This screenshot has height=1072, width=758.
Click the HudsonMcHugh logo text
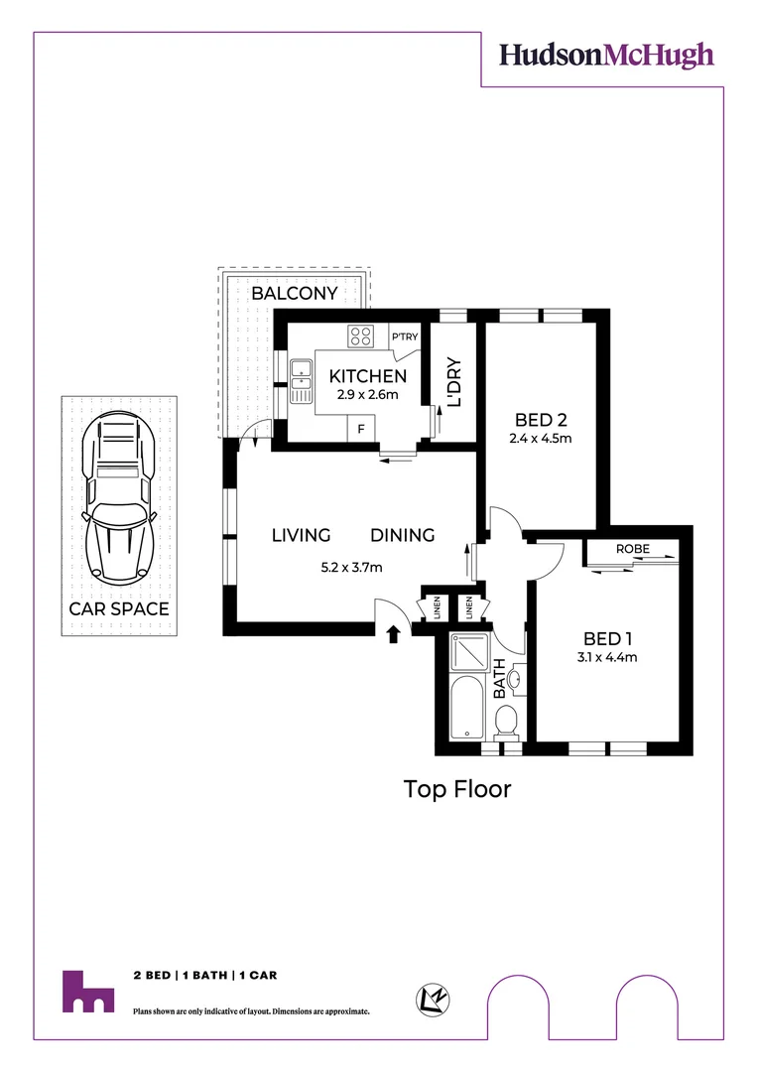(x=606, y=55)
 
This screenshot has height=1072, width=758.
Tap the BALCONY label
(x=294, y=294)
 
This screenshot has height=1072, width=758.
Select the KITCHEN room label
(x=367, y=376)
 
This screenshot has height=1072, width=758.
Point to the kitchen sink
(x=301, y=373)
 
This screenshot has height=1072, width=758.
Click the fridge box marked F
(x=361, y=429)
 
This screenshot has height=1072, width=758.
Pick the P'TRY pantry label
(x=405, y=336)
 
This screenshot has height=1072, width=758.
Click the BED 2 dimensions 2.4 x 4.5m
(x=540, y=438)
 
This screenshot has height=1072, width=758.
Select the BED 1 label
(x=608, y=638)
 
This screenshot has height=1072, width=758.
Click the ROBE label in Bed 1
(x=632, y=549)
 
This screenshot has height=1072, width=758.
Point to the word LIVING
(x=301, y=535)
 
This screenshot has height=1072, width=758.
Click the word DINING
(x=403, y=535)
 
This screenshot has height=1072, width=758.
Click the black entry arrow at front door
(x=394, y=632)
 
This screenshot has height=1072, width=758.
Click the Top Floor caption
(x=457, y=789)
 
